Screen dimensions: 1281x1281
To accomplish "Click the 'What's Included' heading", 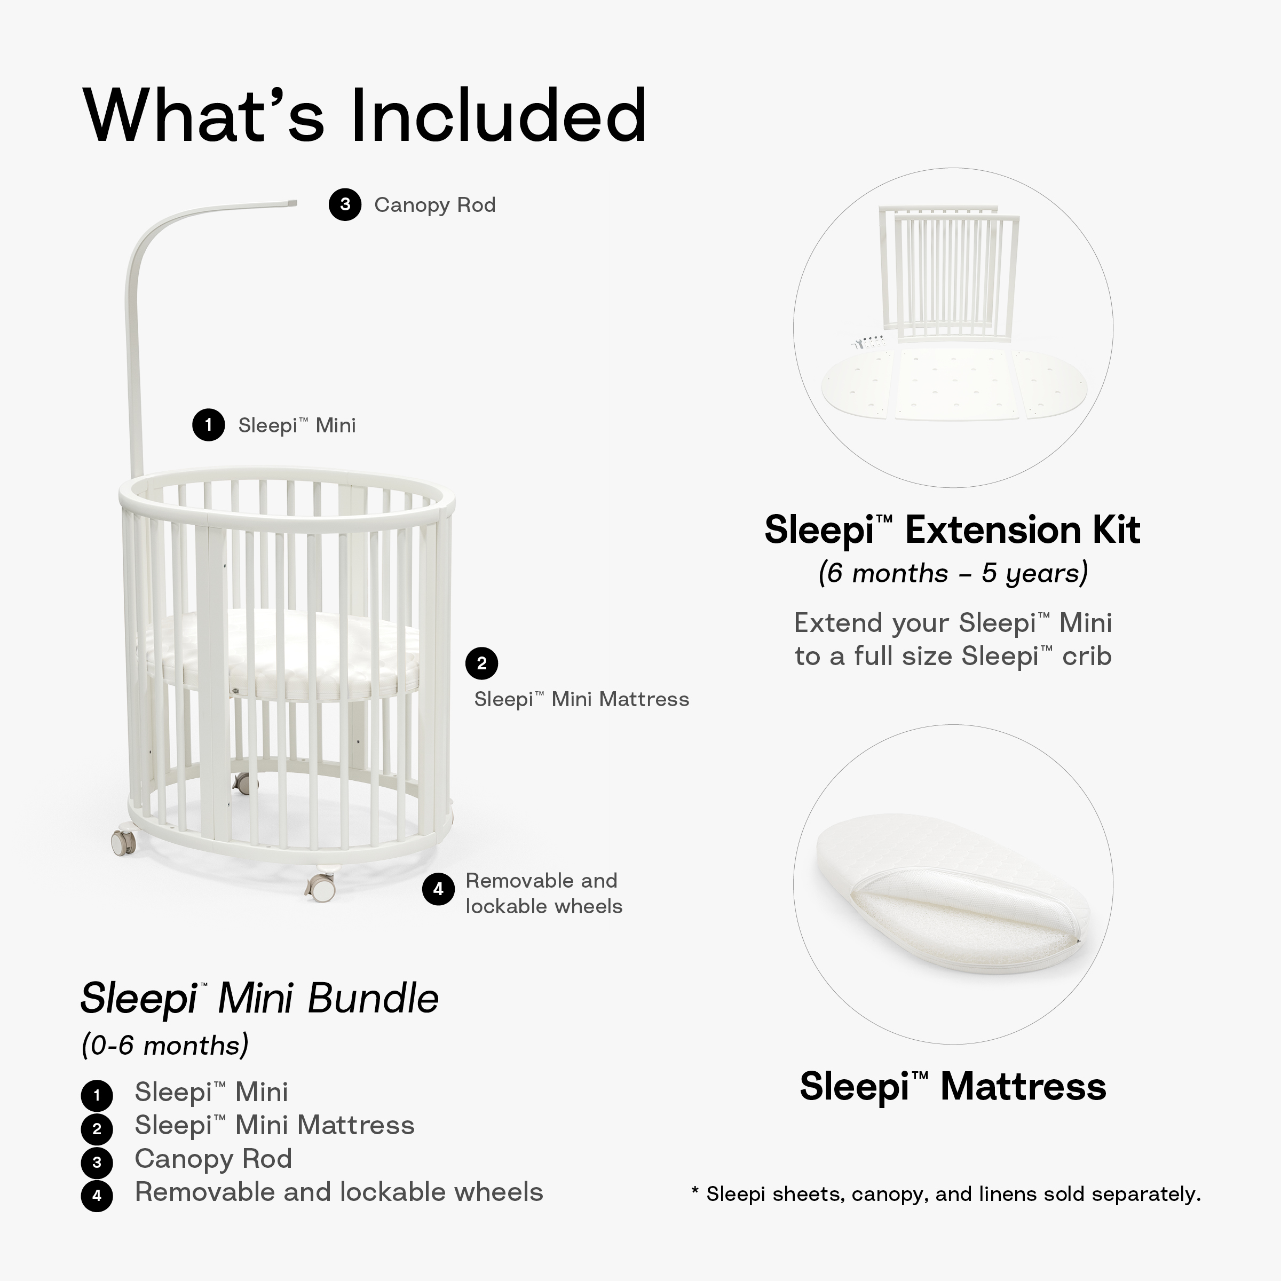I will click(365, 116).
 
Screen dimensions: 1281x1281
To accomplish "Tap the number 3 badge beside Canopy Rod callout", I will click(345, 204).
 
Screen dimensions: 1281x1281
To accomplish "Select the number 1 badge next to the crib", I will click(208, 424).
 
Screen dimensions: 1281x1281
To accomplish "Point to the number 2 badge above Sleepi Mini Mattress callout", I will click(481, 663).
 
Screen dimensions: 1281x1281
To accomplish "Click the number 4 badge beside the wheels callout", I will click(438, 889).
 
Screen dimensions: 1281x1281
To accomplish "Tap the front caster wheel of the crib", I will click(321, 884).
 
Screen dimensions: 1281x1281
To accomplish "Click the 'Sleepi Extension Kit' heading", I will click(952, 531).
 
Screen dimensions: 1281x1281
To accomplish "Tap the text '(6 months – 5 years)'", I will click(953, 573).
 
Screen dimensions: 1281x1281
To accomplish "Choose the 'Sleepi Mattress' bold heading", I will click(953, 1086).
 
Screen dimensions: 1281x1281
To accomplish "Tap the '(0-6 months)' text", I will click(164, 1046).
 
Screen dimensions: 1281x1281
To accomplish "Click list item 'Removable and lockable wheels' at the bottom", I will click(339, 1191).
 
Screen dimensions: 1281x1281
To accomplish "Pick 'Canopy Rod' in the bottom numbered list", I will click(213, 1158).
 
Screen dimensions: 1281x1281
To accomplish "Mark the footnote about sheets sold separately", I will click(946, 1194).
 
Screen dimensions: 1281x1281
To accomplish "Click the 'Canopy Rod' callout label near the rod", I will click(434, 205).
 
